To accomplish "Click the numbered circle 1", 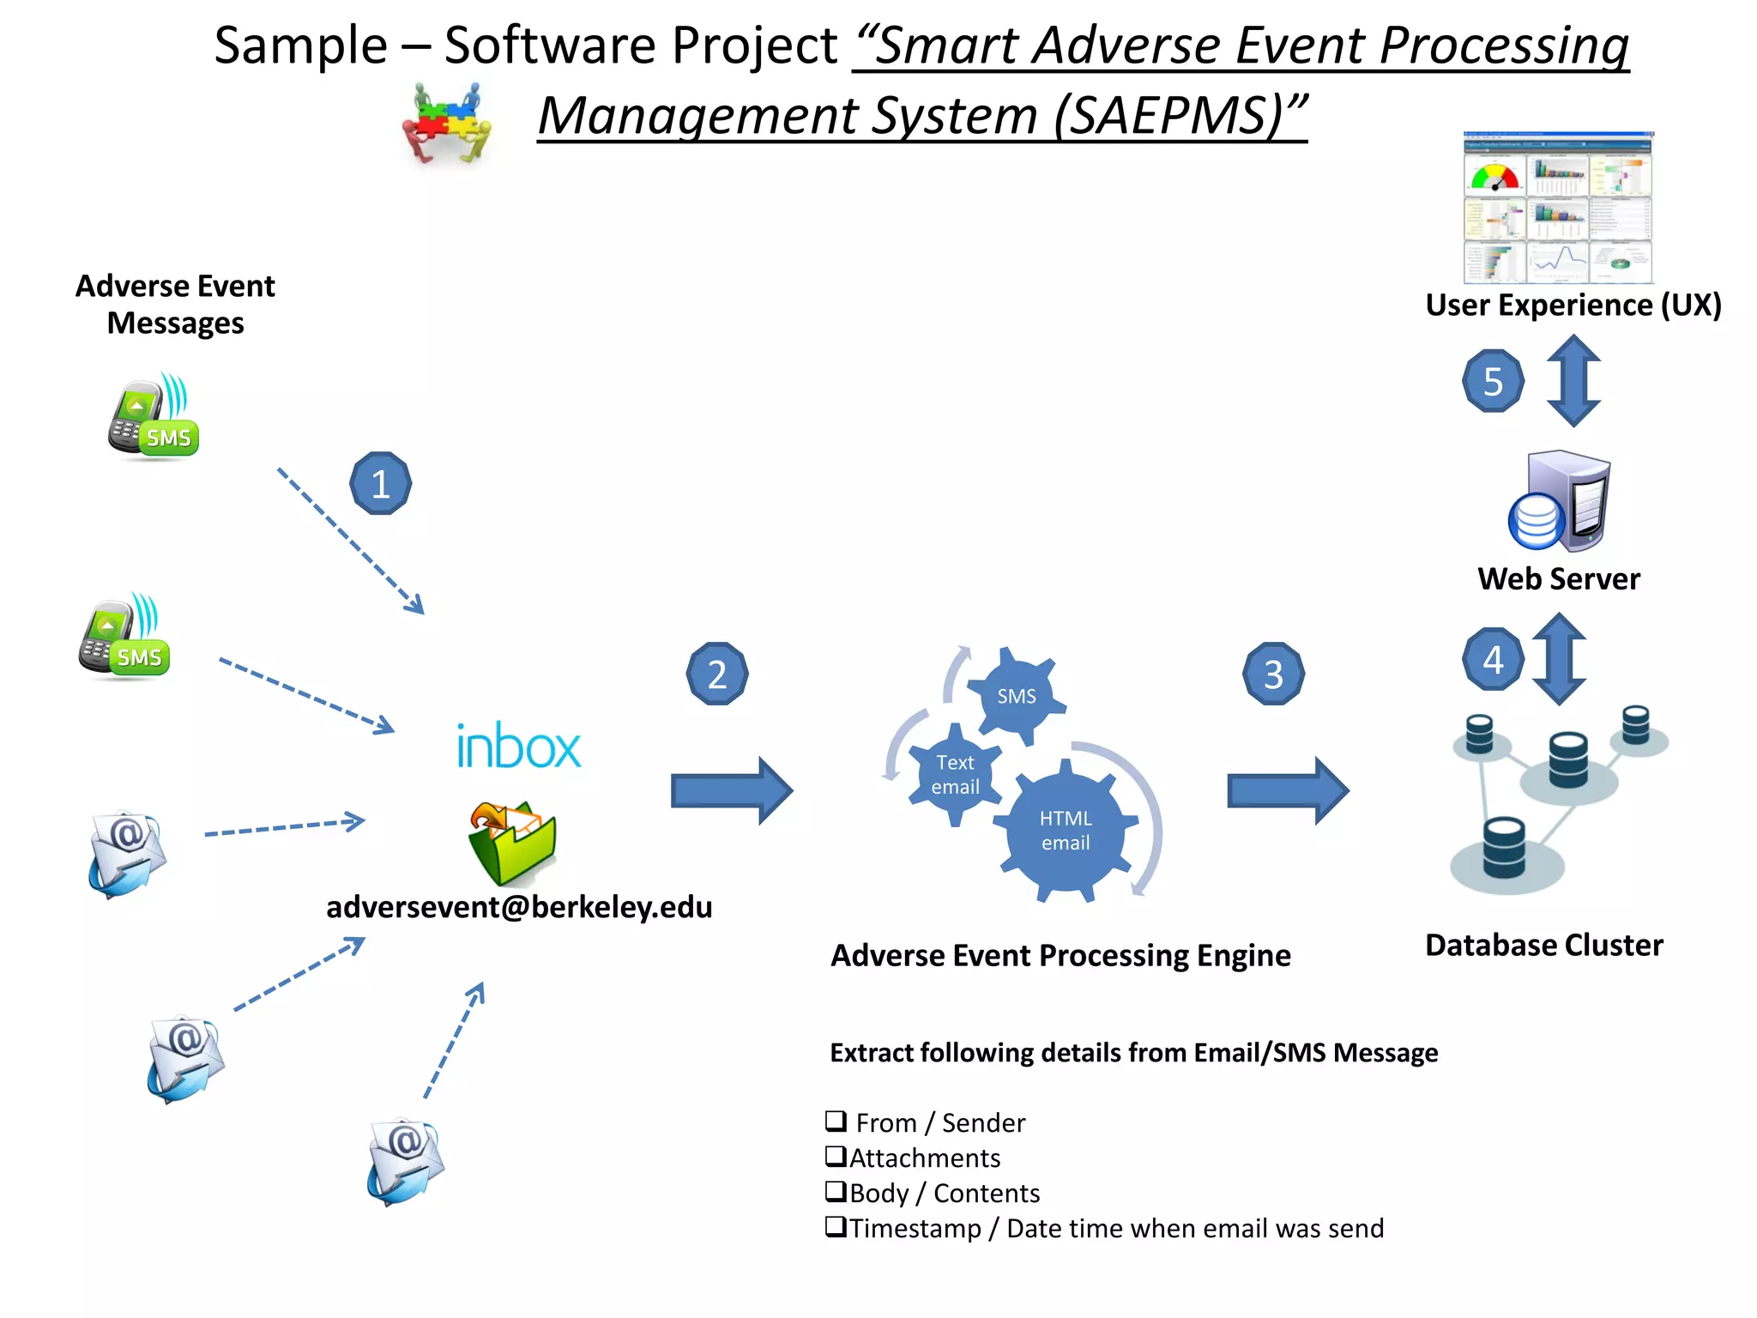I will click(381, 484).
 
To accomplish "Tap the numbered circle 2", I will click(717, 674).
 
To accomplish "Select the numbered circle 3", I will click(1274, 674).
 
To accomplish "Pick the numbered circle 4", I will click(1494, 660).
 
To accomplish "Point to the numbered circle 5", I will click(1494, 381).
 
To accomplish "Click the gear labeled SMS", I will click(1017, 696).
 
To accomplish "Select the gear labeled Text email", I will click(955, 775).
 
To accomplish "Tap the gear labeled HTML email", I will click(1066, 831).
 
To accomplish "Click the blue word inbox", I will click(518, 747).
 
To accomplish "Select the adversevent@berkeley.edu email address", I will click(519, 907).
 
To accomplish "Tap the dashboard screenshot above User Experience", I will click(1558, 208).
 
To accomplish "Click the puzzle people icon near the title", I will click(447, 122).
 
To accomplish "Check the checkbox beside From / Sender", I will click(836, 1121).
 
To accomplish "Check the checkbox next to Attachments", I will click(836, 1156).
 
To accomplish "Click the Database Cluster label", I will click(1543, 945).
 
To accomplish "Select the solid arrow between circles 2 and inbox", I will click(731, 791).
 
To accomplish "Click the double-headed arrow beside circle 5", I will click(1573, 381).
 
